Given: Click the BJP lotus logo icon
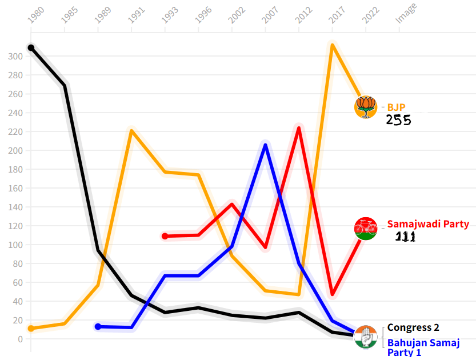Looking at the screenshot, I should coord(366,107).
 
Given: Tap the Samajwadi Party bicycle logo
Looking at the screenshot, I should coord(366,229).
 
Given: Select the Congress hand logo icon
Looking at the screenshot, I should coord(366,337).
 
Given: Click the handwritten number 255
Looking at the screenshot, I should coord(398,120).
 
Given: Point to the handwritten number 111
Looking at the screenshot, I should coord(405,237).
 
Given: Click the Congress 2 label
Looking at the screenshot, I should coord(413,327).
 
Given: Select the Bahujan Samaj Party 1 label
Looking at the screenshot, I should coord(423,347).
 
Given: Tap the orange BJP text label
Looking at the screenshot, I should coord(396,107).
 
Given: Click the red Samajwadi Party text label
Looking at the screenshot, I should coord(428,224).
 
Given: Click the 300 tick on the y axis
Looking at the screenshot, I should coord(15,56).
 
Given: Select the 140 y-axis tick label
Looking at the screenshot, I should coord(15,207).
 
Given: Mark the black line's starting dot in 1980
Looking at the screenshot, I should coord(31,48).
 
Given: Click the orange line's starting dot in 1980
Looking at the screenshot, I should coord(31,329).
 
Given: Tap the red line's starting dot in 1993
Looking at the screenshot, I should coord(165,236).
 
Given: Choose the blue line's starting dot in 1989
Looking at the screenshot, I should coord(98,327).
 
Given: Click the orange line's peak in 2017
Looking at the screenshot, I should coord(332,45).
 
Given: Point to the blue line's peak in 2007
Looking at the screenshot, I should coord(265,145).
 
